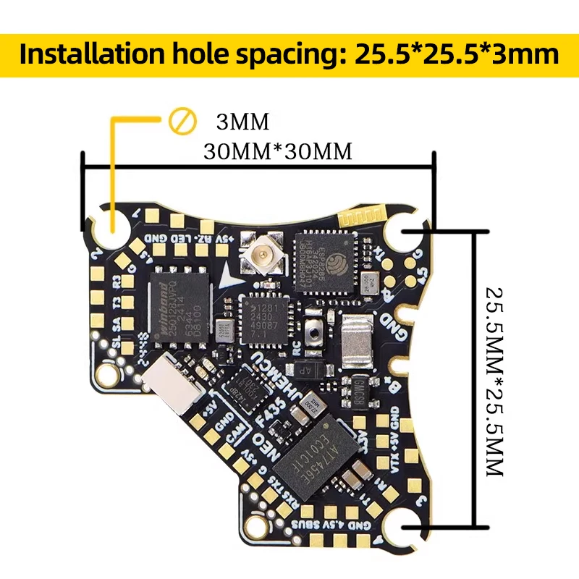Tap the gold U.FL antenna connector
tap(258, 254)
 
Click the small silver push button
tap(314, 334)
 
